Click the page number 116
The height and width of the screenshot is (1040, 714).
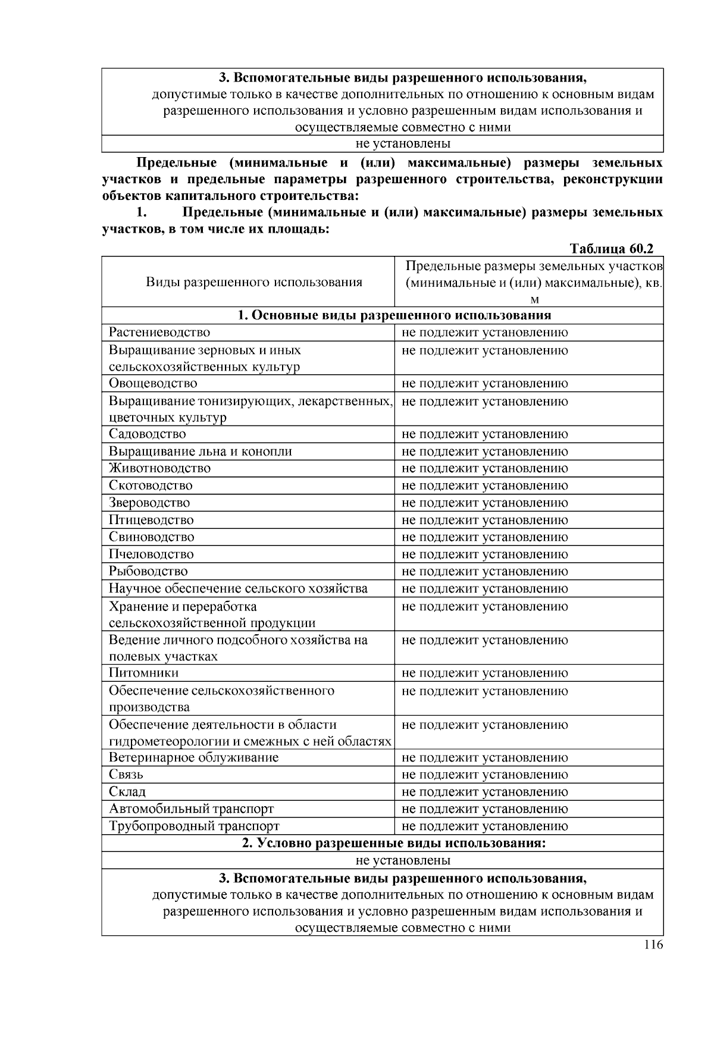653,945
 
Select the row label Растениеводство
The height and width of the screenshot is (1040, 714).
159,333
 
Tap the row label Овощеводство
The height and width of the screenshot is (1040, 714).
153,383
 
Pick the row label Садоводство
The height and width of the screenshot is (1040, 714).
147,434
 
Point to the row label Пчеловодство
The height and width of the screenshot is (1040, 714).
151,555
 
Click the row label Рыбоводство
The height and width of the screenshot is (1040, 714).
148,572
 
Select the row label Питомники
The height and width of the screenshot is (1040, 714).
143,673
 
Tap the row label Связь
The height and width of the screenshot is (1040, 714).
126,775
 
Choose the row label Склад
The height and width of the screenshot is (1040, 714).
127,792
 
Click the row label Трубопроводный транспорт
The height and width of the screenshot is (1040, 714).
194,826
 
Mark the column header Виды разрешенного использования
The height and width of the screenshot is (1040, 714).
254,282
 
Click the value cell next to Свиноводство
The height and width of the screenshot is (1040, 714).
485,537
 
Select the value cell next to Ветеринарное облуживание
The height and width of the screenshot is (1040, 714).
485,758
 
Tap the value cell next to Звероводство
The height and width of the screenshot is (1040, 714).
485,503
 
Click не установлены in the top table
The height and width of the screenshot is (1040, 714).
403,143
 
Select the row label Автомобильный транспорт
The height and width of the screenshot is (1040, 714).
191,809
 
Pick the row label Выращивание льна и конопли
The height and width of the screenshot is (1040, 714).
200,452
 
